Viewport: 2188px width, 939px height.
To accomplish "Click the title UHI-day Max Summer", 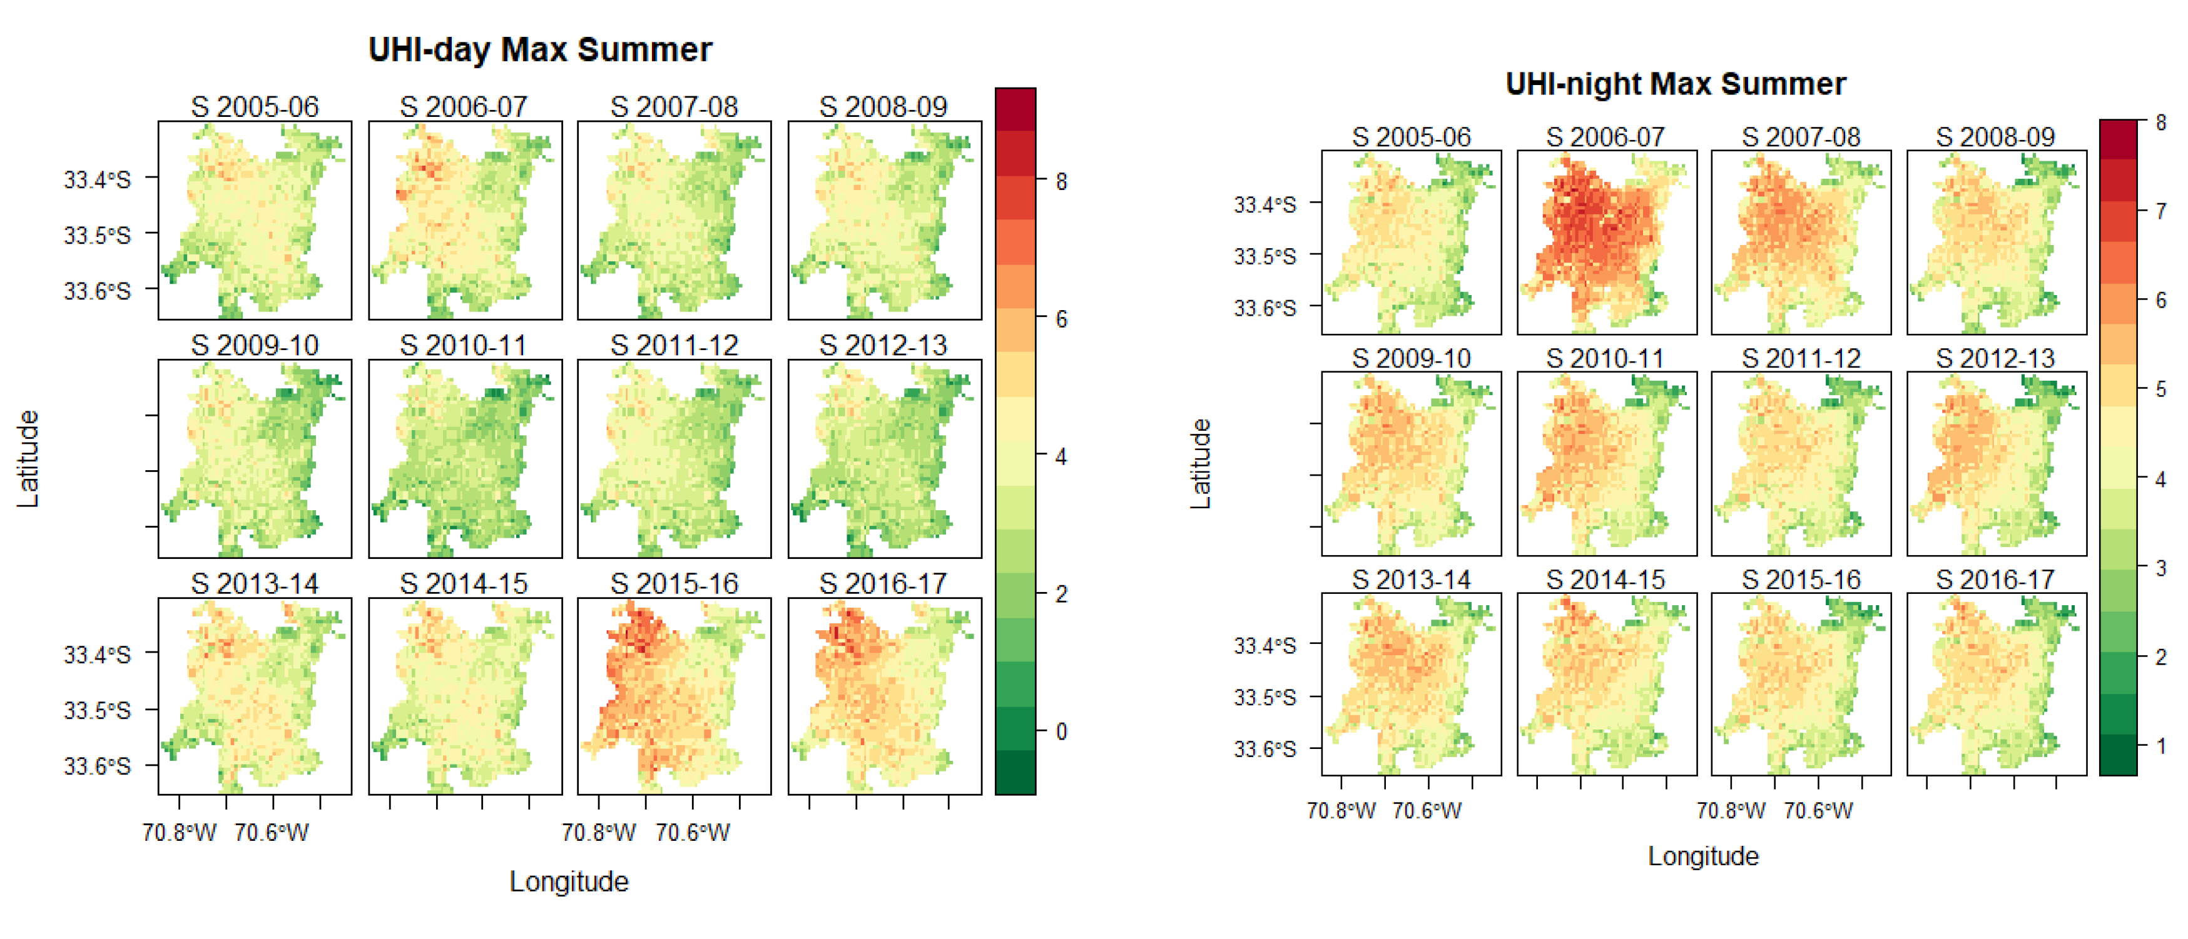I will click(539, 50).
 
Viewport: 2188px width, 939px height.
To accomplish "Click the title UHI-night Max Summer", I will click(1675, 84).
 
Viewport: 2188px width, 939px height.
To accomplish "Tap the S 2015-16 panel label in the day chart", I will click(674, 583).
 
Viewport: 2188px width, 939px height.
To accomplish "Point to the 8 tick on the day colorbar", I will click(1061, 182).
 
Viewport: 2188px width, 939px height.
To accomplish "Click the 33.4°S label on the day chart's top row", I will click(97, 179).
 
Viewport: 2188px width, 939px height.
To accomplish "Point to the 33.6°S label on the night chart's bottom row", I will click(1264, 749).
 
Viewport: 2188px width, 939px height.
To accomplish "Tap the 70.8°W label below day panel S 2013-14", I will click(179, 832).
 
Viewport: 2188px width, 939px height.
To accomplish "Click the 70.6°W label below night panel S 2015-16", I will click(1818, 811).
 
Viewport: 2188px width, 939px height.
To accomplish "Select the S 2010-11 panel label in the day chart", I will click(464, 344).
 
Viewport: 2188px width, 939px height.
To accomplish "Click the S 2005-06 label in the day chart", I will click(254, 107).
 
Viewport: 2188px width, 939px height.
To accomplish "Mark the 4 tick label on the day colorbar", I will click(1061, 457).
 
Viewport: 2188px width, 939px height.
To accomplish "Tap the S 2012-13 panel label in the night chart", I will click(1995, 358).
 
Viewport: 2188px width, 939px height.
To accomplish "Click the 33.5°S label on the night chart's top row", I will click(1264, 256).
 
